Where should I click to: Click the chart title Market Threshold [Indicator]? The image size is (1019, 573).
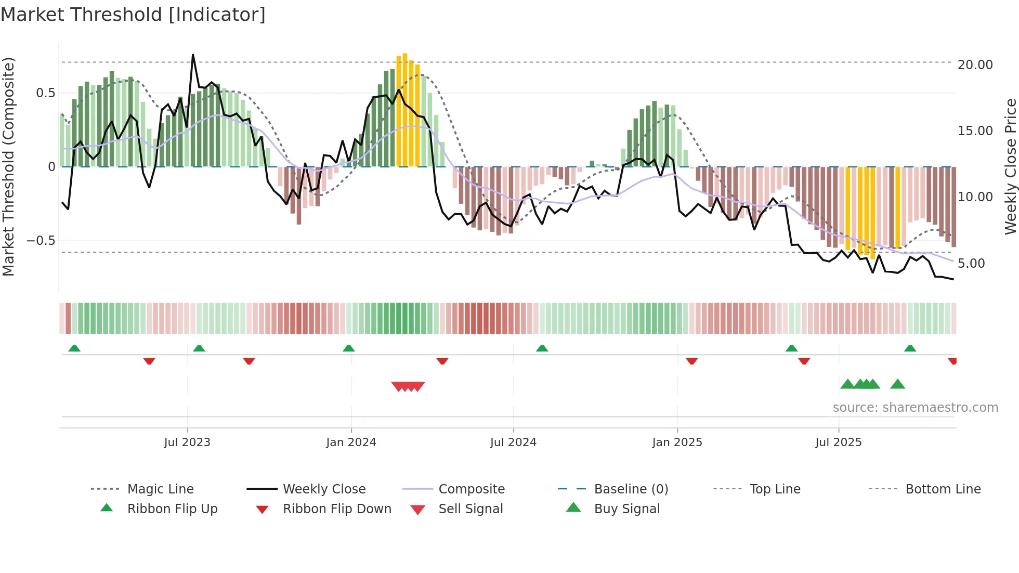133,15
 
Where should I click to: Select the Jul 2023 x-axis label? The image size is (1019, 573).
187,442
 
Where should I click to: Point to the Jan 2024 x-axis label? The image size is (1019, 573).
351,442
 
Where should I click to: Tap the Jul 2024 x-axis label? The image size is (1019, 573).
513,442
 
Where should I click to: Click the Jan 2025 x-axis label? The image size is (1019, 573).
677,442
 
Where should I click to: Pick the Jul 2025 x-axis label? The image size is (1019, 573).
838,442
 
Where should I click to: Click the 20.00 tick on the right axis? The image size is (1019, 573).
975,65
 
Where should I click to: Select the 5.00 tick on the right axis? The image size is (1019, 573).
971,264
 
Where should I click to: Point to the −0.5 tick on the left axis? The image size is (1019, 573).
41,241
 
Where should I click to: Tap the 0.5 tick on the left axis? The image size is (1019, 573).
45,93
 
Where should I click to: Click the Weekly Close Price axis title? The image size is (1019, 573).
1010,166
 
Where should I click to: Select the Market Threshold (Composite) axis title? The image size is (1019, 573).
8,166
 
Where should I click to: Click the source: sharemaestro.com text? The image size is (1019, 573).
915,408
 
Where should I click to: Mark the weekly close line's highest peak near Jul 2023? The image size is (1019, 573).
193,55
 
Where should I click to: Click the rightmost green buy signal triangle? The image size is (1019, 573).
897,385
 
